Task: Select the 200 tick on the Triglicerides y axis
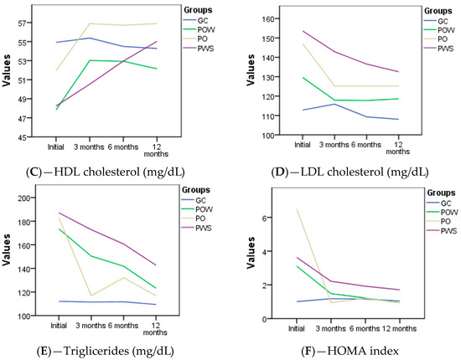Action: click(x=26, y=198)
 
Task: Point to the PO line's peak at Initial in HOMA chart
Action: click(x=273, y=209)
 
